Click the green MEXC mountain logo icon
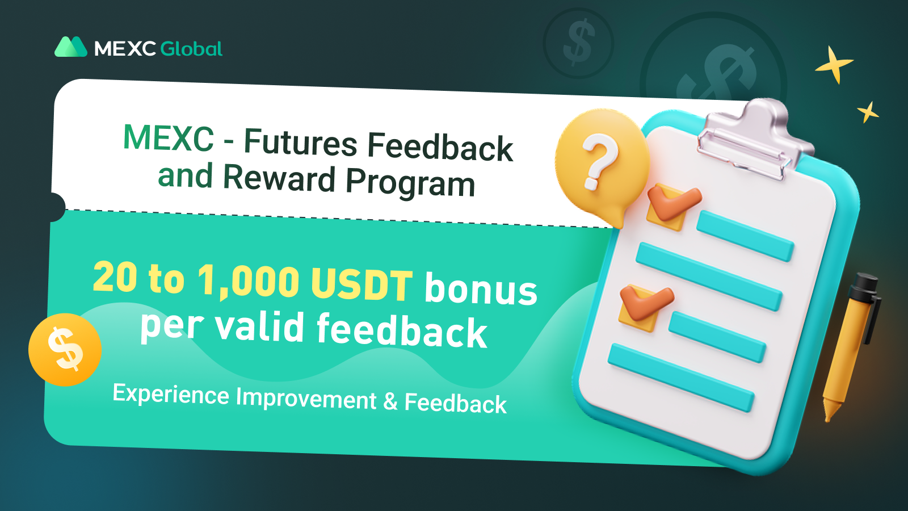coord(71,47)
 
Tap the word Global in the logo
coord(191,49)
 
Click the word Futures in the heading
coord(300,143)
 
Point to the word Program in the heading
coord(410,184)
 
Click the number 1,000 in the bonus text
coord(249,282)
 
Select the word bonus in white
coord(481,288)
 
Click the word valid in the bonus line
coord(259,326)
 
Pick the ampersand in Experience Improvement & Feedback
coord(390,401)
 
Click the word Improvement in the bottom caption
coord(306,398)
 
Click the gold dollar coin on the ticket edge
coord(65,350)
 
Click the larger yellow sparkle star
coord(834,65)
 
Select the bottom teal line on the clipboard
coord(681,378)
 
